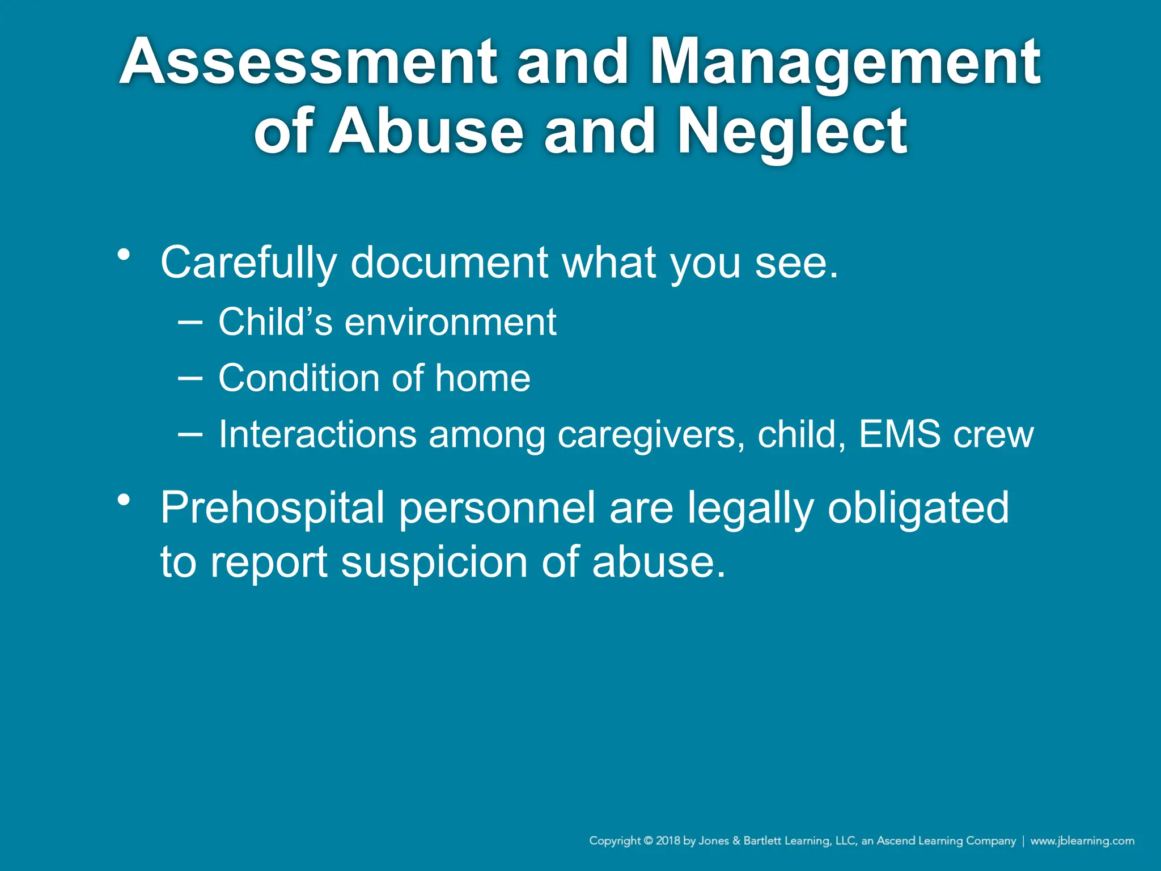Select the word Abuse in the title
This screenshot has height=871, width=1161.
pos(426,132)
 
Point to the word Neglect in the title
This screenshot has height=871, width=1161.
pos(792,132)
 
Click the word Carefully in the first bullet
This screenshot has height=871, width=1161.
pos(248,263)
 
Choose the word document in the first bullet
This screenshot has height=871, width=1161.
pos(450,263)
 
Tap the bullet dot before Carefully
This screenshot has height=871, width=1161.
pos(124,255)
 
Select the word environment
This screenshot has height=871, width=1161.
pos(451,322)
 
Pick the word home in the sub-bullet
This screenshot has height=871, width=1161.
pos(482,378)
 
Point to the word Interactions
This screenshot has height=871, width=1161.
pos(317,434)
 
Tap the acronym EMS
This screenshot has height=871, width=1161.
pos(899,434)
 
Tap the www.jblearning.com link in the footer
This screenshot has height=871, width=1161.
pos(1082,841)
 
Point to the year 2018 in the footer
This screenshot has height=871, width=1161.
pos(668,841)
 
